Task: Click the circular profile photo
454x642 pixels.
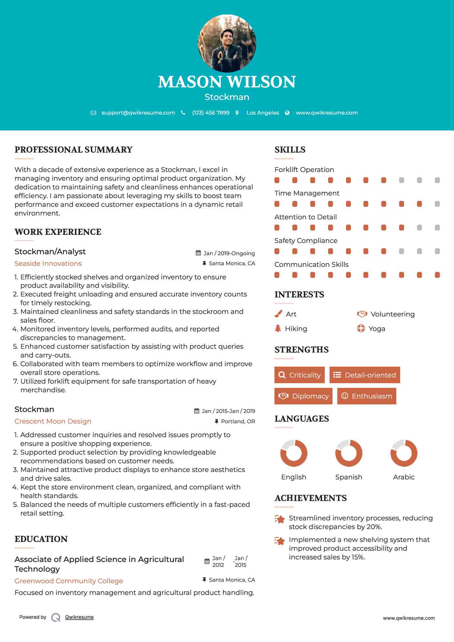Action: coord(227,43)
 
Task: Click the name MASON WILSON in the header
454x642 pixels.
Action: coord(227,82)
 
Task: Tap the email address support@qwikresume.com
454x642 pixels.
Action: coord(138,113)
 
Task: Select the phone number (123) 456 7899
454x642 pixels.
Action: coord(211,113)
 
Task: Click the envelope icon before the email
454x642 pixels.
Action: coord(93,113)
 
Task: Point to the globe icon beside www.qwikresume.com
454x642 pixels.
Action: coord(287,113)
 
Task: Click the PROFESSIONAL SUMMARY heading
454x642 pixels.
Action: coord(74,150)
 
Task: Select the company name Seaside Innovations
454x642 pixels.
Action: coord(48,264)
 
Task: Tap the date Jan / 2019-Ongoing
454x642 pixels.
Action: coord(229,253)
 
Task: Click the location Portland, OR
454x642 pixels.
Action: coord(238,421)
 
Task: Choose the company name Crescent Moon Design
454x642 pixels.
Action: coord(53,421)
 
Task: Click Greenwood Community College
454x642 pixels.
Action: coord(69,581)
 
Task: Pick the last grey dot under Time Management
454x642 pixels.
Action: coord(437,204)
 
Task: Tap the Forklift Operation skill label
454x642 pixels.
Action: coord(304,170)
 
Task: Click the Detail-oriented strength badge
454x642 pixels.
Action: coord(365,375)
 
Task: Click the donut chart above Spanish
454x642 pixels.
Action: coord(348,453)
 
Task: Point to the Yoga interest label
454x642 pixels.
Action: coord(377,329)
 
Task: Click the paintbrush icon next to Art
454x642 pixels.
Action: coord(278,314)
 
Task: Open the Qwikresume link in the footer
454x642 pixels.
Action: coord(79,617)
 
